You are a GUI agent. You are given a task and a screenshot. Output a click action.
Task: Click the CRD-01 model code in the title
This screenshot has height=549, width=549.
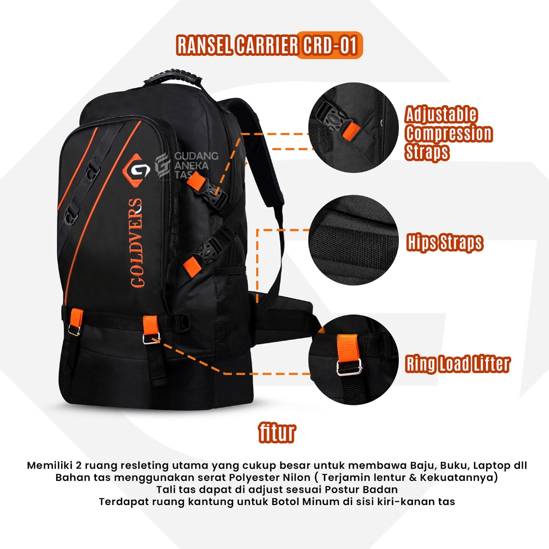click(330, 45)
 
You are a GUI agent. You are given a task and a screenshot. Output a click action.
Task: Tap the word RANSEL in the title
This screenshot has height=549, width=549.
click(204, 45)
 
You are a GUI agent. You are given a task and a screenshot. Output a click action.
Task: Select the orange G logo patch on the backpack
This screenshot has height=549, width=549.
click(136, 170)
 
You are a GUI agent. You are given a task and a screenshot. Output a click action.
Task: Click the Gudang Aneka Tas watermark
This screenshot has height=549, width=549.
click(187, 165)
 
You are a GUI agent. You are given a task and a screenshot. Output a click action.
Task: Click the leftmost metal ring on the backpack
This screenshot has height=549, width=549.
click(74, 330)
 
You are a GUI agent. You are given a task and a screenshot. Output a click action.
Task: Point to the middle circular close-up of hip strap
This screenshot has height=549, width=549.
click(354, 240)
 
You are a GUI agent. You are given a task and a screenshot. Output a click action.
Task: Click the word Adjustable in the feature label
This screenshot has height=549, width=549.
click(441, 115)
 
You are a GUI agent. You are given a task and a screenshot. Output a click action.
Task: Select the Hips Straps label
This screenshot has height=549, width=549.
click(444, 242)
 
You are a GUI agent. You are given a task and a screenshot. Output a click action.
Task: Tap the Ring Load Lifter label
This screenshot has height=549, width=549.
click(458, 363)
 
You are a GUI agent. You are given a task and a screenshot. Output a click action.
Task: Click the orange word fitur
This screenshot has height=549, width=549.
click(277, 433)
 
